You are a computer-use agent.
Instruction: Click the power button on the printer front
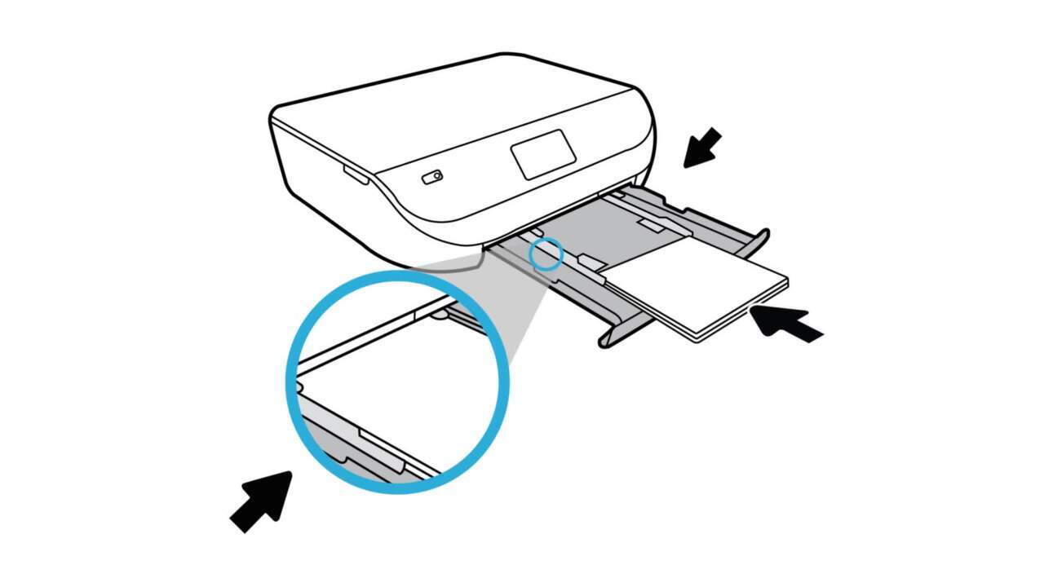432,176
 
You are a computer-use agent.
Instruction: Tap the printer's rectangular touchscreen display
543,154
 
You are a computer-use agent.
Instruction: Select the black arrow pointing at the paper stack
785,324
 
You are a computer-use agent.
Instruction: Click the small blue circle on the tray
546,254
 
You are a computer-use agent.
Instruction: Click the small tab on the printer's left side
355,173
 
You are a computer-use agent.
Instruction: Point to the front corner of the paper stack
697,337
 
